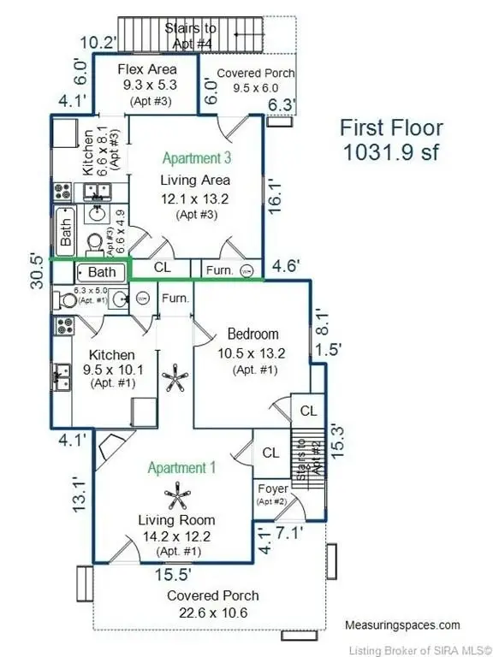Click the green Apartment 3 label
[197, 158]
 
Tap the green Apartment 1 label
[182, 468]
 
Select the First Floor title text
[390, 127]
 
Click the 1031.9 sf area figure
[390, 151]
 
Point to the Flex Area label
[147, 69]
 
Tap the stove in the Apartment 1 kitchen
[65, 327]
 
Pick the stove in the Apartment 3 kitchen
[62, 192]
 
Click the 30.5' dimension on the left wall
[37, 271]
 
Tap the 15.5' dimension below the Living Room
[173, 575]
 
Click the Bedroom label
[252, 334]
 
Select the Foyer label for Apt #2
[273, 488]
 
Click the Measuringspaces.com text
[402, 625]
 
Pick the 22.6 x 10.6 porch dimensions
[213, 613]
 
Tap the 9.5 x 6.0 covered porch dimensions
[256, 88]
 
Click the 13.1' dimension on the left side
[80, 496]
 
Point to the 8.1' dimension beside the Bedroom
[322, 322]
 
